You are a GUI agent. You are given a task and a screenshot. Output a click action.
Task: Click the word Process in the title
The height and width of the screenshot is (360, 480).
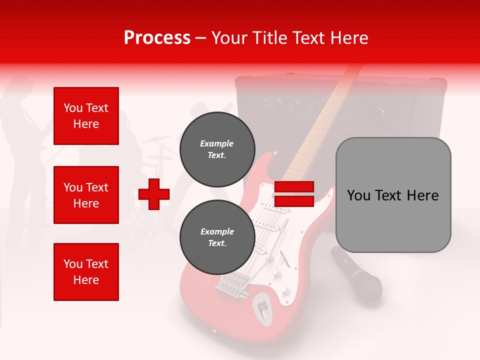[157, 38]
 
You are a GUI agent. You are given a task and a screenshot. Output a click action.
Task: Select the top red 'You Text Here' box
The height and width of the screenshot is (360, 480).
[86, 116]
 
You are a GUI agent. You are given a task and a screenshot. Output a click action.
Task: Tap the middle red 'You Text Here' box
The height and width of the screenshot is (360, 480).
[86, 195]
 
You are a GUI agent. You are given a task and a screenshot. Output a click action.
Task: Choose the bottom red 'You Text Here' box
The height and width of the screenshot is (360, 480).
[86, 272]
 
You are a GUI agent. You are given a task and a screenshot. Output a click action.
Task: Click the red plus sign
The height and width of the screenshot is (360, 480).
[154, 194]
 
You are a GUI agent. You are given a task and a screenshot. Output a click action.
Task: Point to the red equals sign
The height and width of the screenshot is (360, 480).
[294, 194]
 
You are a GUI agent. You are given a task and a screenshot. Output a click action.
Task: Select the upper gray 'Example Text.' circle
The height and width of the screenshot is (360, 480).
[217, 149]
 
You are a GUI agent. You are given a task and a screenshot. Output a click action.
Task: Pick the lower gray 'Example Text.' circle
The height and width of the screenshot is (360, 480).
[217, 237]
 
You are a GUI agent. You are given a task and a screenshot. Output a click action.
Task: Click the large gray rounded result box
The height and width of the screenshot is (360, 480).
[393, 195]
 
